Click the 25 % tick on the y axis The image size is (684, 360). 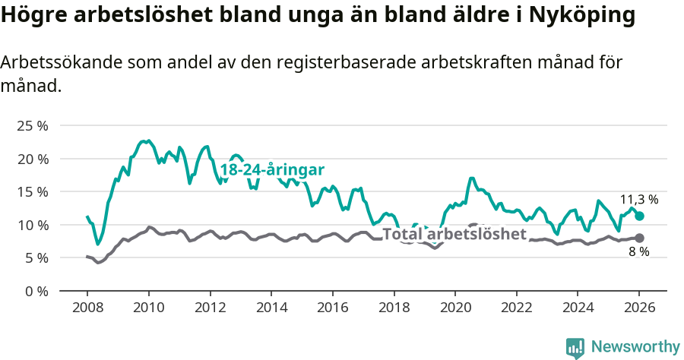(x=32, y=125)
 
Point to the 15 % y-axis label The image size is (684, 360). (x=32, y=191)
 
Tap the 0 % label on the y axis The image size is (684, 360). (x=35, y=291)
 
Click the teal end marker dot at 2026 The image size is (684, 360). (x=640, y=216)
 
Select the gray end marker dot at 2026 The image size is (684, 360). (x=640, y=238)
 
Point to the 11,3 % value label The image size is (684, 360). (x=639, y=200)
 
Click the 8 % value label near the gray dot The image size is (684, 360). (x=639, y=252)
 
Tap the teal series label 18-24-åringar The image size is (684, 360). (x=273, y=170)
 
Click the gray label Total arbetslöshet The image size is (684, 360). (x=454, y=234)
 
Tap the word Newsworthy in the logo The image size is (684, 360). (x=635, y=346)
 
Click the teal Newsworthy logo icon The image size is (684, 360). (x=575, y=348)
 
